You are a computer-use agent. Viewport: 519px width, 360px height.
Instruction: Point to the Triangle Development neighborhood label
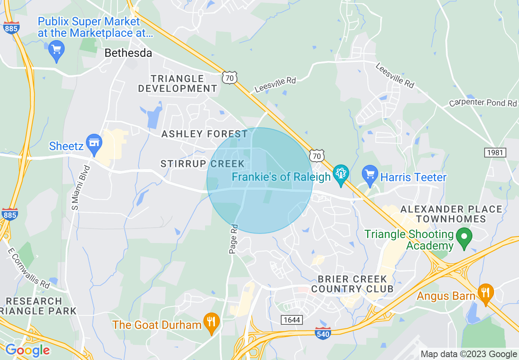(177, 83)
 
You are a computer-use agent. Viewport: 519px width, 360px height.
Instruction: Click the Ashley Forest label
(204, 134)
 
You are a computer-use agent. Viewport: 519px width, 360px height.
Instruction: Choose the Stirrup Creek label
(202, 164)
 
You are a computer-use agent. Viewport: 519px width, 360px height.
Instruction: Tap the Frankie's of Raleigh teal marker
(340, 173)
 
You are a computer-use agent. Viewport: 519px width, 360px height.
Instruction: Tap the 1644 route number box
(291, 319)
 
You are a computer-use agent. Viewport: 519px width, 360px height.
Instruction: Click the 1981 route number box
(495, 153)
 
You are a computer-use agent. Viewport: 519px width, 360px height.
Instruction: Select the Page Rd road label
(234, 239)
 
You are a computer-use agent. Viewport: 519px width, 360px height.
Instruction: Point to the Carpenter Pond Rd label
(483, 103)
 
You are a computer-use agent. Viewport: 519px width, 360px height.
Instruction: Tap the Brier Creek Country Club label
(352, 284)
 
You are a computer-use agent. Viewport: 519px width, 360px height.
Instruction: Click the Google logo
(27, 350)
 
